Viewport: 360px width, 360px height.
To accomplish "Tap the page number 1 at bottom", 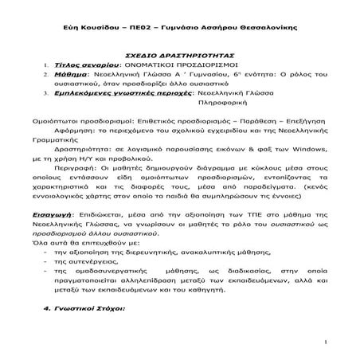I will click(327, 342).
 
